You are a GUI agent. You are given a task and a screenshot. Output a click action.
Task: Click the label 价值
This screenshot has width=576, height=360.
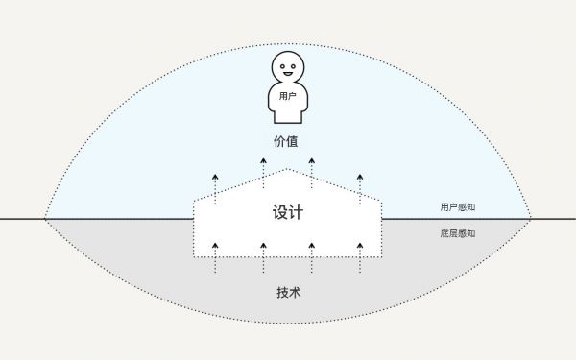[286, 142]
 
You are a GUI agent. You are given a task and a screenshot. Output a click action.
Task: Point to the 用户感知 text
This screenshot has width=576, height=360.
[457, 206]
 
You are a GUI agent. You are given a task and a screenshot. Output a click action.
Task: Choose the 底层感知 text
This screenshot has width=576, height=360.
[457, 233]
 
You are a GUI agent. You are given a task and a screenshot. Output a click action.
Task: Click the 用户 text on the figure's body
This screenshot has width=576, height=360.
[287, 97]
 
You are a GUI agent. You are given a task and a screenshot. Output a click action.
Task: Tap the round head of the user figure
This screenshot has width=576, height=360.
[287, 68]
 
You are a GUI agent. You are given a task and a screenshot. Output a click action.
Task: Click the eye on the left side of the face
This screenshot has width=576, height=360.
[282, 65]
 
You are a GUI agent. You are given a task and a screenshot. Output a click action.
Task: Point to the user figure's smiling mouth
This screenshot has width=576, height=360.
[287, 73]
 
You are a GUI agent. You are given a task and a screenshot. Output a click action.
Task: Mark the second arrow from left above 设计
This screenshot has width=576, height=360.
[263, 174]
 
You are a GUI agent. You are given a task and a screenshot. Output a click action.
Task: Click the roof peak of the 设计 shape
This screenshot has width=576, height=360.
[287, 170]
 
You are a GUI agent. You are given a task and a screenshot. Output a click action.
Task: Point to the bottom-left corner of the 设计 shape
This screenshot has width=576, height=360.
[195, 256]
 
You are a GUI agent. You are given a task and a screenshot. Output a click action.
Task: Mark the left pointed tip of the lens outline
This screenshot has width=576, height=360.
[45, 219]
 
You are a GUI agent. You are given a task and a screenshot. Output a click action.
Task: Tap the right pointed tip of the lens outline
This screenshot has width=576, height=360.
[531, 219]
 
